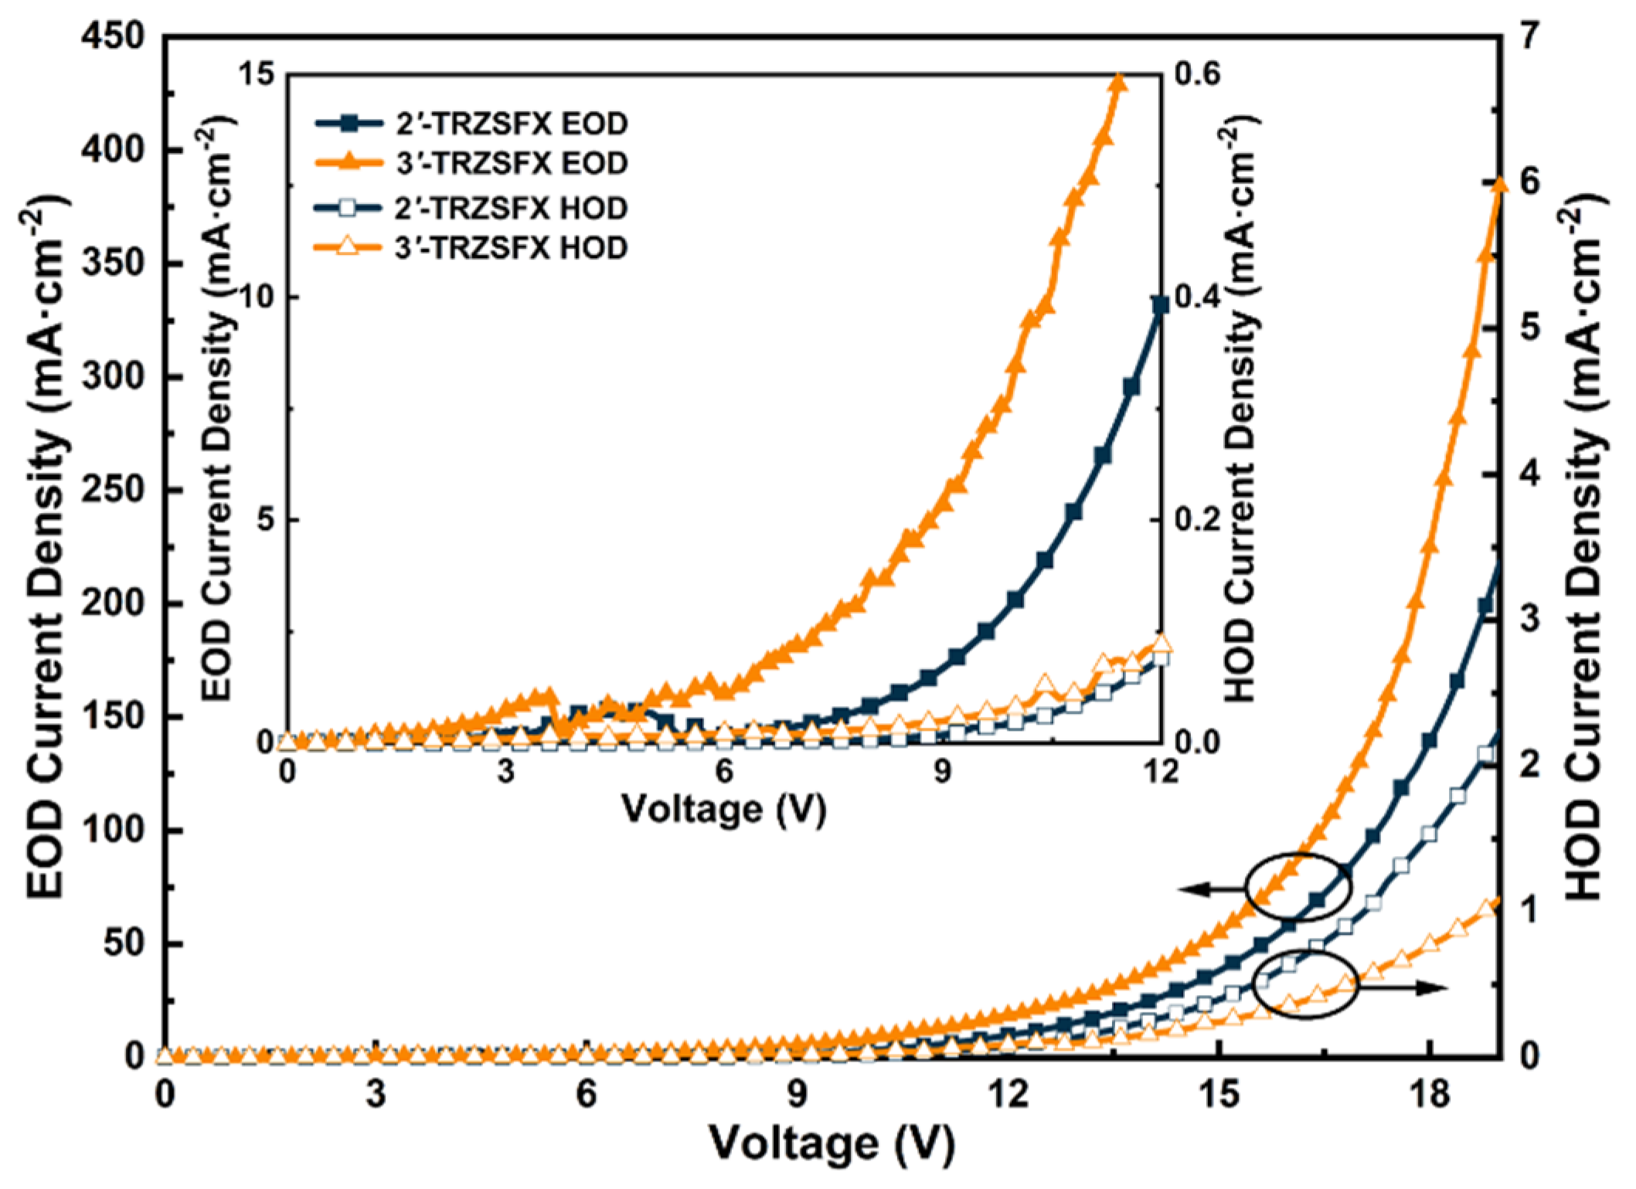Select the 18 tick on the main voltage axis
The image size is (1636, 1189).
[x=1429, y=1096]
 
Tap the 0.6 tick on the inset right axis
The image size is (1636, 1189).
[x=1198, y=74]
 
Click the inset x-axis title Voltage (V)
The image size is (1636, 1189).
[x=724, y=810]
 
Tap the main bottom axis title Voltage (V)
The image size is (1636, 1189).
[x=832, y=1144]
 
